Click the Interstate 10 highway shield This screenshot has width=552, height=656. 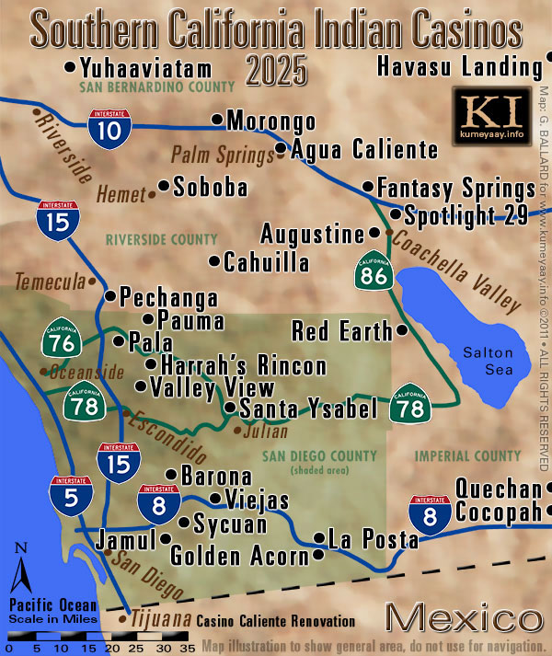point(109,127)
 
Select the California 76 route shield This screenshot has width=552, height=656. point(59,340)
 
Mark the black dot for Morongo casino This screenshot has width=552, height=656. point(217,119)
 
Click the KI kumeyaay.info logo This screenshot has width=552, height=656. point(492,114)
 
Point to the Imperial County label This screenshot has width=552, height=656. point(467,456)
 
